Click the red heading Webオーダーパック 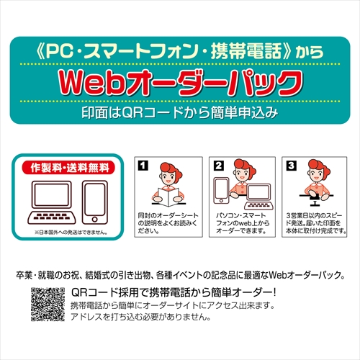[179, 81]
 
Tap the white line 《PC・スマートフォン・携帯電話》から [178, 52]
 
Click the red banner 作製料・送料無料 [71, 168]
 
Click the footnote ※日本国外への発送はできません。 [71, 232]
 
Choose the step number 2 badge [218, 166]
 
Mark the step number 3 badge [290, 166]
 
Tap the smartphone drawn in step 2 [221, 190]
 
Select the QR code [46, 302]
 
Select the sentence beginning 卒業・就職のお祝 [179, 275]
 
